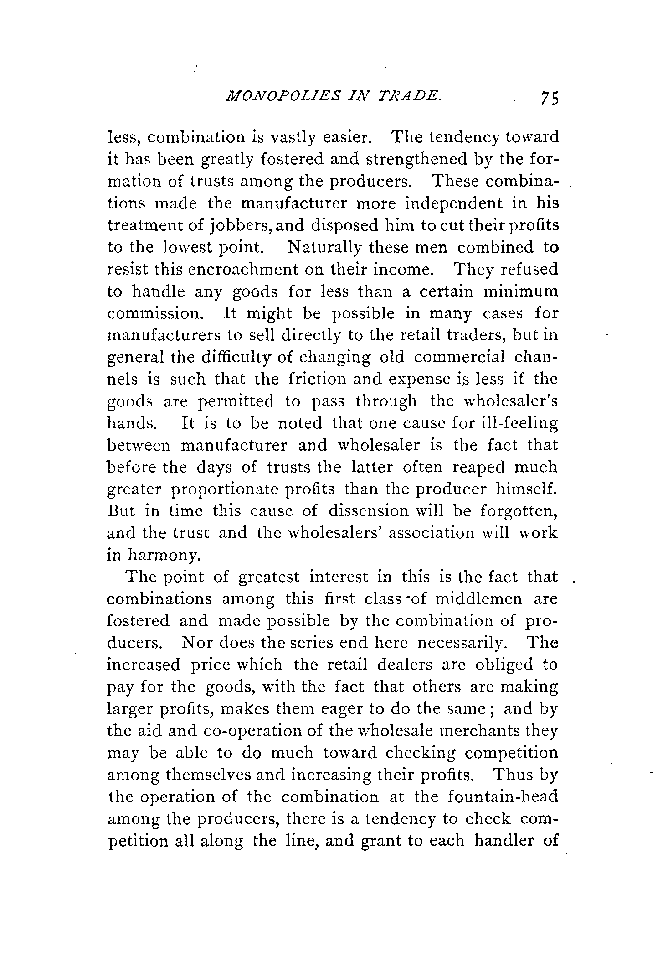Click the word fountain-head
pos(503,797)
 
